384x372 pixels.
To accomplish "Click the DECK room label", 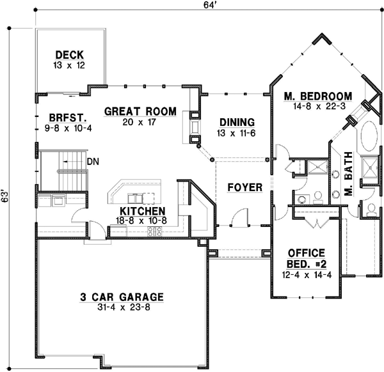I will click(x=70, y=55).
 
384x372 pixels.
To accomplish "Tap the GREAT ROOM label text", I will click(x=140, y=111).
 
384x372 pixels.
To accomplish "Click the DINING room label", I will click(x=237, y=121).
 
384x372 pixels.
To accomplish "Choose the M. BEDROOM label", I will click(x=317, y=96).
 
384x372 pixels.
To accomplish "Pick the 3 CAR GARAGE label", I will click(x=122, y=297).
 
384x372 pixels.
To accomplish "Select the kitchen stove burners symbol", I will click(x=155, y=231).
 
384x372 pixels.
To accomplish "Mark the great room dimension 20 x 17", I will click(x=140, y=121).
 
